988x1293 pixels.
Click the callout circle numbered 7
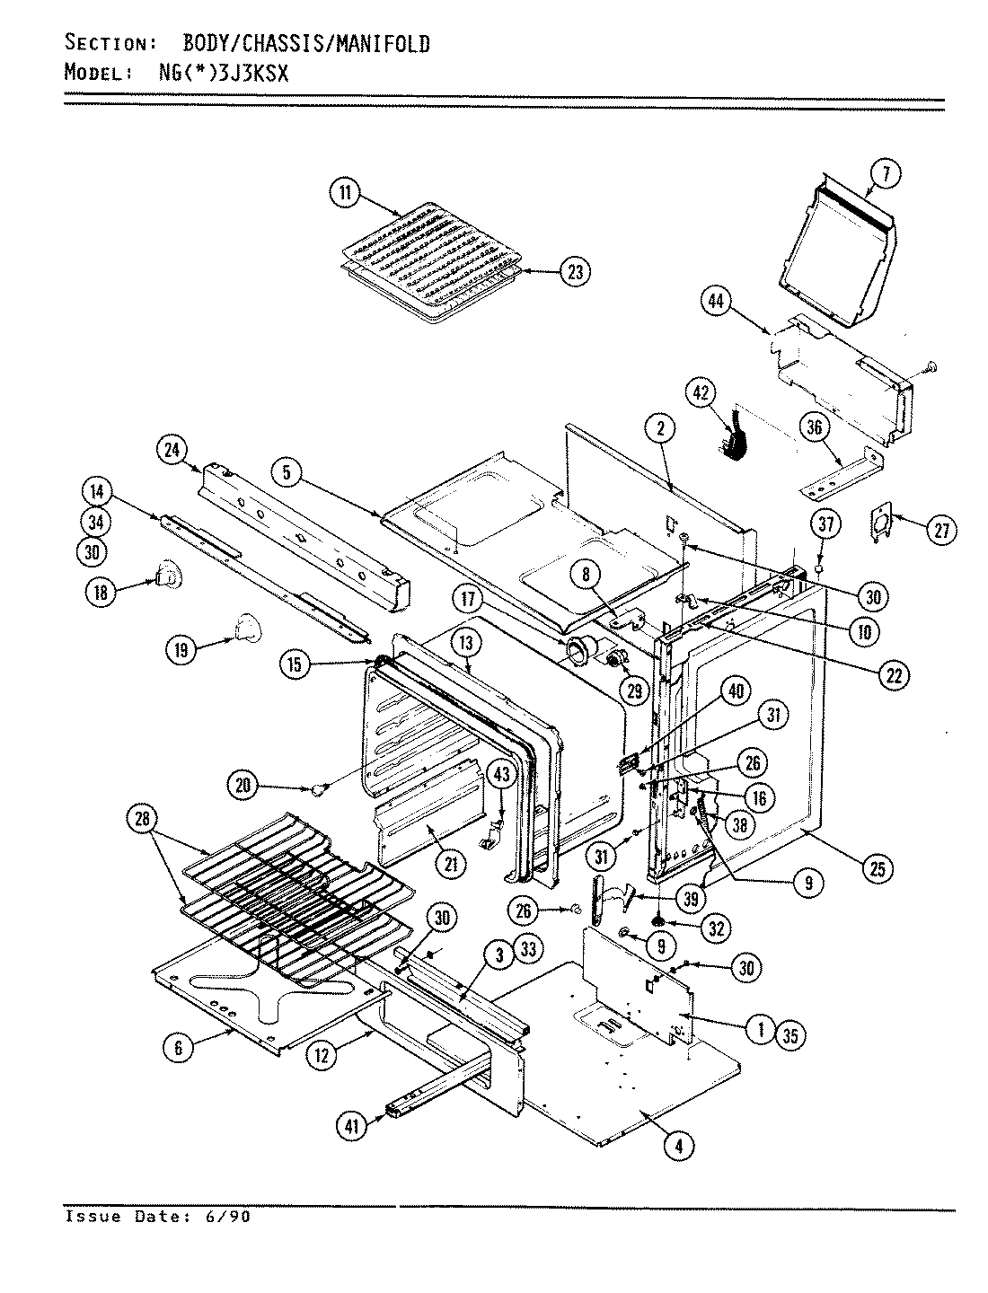tap(886, 176)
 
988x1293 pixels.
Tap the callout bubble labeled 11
tap(345, 194)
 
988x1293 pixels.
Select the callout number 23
tap(574, 271)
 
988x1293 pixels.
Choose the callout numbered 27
tap(940, 531)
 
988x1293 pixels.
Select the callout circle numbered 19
tap(182, 650)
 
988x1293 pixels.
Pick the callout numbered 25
tap(876, 867)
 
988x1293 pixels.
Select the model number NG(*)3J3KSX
tap(217, 74)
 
